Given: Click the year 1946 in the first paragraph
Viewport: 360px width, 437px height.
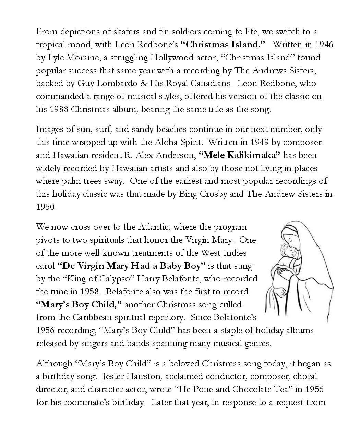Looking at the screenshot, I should point(324,45).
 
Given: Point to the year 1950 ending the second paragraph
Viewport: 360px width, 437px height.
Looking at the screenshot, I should point(46,207).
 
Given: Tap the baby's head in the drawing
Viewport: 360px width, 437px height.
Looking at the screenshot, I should point(285,251).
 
